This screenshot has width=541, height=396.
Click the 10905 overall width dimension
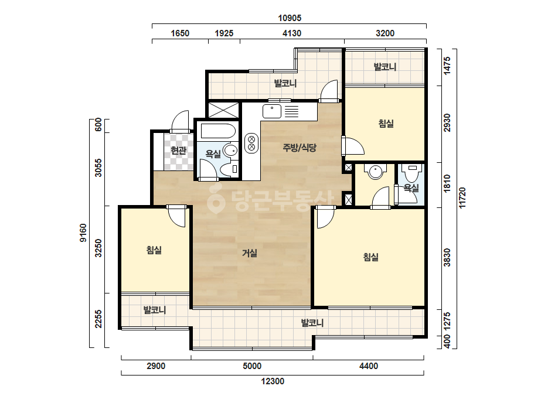click(290, 18)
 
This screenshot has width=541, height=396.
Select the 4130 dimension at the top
click(292, 33)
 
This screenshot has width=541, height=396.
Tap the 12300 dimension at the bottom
click(273, 381)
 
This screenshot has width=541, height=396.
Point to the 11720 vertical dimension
click(462, 197)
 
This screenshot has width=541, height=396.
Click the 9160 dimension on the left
click(83, 233)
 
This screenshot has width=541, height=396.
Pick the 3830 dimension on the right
click(447, 257)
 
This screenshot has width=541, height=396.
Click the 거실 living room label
click(250, 253)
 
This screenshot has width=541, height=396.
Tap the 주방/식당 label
click(300, 148)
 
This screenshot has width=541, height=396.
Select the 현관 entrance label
click(178, 151)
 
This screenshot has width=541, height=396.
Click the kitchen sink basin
click(272, 111)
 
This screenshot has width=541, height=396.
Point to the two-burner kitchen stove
click(251, 144)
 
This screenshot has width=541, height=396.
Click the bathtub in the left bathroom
click(218, 131)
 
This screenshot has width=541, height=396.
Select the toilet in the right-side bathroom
click(412, 173)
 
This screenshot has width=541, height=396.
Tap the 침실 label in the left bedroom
click(154, 250)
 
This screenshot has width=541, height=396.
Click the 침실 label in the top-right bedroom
click(386, 123)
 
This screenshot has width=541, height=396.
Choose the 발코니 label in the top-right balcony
click(385, 67)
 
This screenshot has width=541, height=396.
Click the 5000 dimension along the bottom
click(252, 366)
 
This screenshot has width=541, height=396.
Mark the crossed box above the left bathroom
click(223, 110)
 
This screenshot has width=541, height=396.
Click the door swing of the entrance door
click(180, 121)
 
